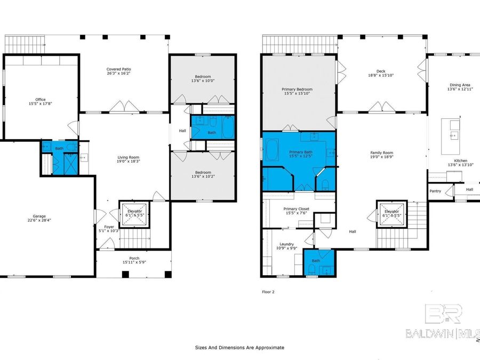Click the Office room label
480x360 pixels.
tap(41, 99)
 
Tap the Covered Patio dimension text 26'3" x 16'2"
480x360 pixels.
tap(118, 74)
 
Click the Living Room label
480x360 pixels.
tap(128, 157)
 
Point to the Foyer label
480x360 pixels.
tap(109, 227)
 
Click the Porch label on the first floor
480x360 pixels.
tap(134, 258)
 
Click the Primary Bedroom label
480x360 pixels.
tap(297, 89)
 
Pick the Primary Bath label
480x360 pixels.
tap(300, 152)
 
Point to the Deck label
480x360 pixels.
tap(380, 71)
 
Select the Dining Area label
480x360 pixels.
tap(459, 85)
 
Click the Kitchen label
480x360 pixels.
tap(460, 161)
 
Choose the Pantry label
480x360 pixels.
tap(436, 190)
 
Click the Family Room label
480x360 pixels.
tap(381, 153)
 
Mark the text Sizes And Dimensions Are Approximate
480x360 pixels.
tap(239, 347)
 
